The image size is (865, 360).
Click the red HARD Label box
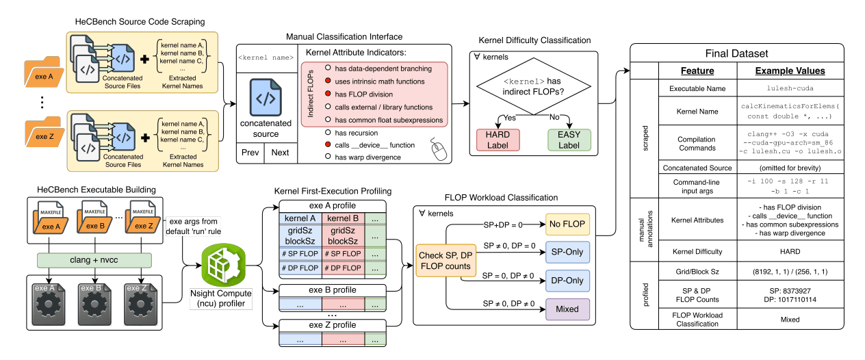(498, 140)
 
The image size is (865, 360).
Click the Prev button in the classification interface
(250, 153)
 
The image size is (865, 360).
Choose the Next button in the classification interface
(280, 153)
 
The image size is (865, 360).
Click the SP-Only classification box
(567, 253)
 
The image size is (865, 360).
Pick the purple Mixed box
(567, 309)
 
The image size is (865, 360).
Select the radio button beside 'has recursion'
(328, 132)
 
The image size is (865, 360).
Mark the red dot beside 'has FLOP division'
(328, 94)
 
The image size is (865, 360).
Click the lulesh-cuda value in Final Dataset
(789, 88)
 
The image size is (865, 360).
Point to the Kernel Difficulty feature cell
(697, 253)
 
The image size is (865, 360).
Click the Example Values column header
(789, 70)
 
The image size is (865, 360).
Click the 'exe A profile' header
(332, 206)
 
